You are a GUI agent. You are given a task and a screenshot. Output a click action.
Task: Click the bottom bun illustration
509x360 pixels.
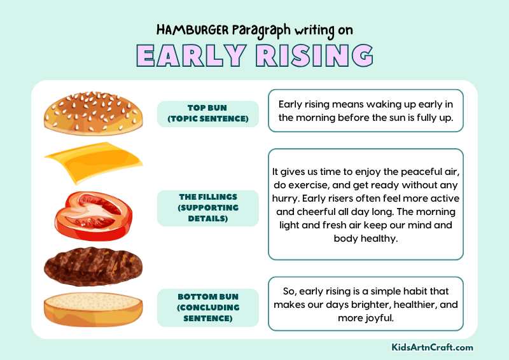pyautogui.click(x=93, y=309)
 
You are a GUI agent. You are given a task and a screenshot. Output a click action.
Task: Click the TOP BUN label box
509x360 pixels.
pyautogui.click(x=207, y=113)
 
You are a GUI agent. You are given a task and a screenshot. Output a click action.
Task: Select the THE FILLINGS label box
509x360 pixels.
pyautogui.click(x=207, y=208)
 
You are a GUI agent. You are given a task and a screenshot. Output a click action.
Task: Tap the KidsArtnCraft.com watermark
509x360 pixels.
pyautogui.click(x=432, y=348)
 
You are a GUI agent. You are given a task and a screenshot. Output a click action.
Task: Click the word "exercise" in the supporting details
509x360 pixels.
pyautogui.click(x=310, y=184)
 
